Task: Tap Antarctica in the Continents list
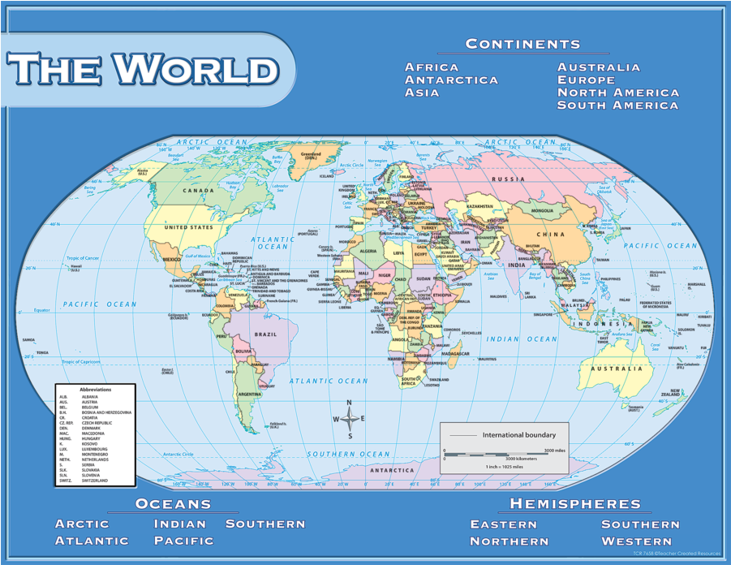(x=451, y=80)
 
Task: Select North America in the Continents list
(x=617, y=93)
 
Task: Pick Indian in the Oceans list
(x=180, y=524)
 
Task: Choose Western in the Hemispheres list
(x=636, y=541)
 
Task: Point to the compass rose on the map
(x=350, y=419)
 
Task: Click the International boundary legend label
(x=519, y=435)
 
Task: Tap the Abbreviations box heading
(x=96, y=390)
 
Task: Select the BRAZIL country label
(x=264, y=334)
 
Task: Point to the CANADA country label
(x=198, y=191)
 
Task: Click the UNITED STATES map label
(x=188, y=227)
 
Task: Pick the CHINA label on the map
(x=550, y=235)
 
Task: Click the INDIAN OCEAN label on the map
(x=522, y=339)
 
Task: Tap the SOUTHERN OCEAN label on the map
(x=349, y=454)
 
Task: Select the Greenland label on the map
(x=311, y=153)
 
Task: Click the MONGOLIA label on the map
(x=542, y=211)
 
